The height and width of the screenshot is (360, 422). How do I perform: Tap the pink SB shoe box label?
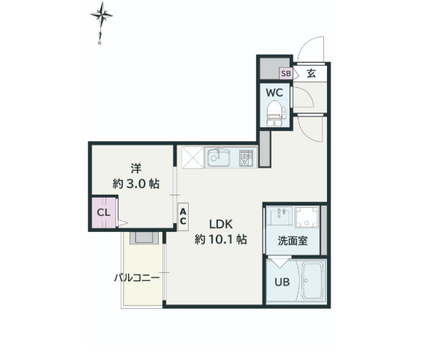[286, 73]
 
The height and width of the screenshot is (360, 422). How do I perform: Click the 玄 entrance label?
[311, 72]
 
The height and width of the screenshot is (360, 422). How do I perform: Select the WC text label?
[275, 93]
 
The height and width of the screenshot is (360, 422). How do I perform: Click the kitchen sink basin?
[218, 157]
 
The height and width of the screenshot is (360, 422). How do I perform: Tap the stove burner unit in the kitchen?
[245, 157]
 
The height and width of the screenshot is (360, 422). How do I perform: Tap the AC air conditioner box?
[183, 216]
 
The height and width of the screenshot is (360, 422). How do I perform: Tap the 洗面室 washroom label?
[291, 240]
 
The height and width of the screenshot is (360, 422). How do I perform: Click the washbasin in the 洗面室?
[280, 217]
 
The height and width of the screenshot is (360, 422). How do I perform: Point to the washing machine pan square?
[307, 217]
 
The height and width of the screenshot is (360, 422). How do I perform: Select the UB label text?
[282, 282]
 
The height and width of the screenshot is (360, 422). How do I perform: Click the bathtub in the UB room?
[313, 281]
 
